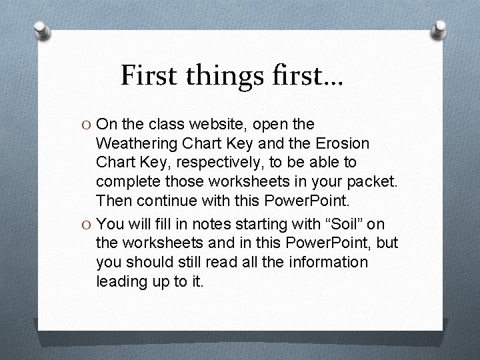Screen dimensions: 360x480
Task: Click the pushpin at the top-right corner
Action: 439,28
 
